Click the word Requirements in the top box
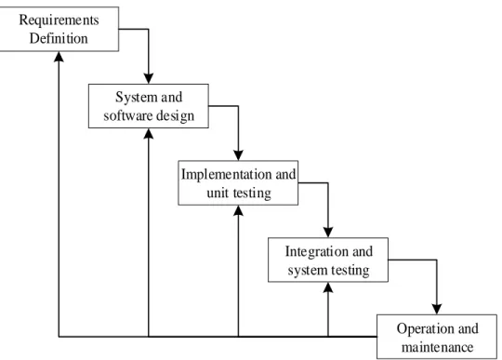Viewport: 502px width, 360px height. point(59,20)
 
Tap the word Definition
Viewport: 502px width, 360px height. point(59,38)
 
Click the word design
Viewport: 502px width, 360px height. point(175,116)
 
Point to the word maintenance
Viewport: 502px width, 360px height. point(437,347)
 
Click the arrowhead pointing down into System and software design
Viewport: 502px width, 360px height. point(149,78)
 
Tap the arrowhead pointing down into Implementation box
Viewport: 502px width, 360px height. point(238,155)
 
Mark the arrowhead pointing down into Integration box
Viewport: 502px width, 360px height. point(328,233)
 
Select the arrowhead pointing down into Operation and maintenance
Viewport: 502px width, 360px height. point(437,309)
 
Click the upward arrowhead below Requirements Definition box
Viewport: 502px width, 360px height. point(59,57)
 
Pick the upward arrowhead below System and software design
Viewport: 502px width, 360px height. point(149,134)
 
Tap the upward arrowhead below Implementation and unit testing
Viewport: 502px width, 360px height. point(238,210)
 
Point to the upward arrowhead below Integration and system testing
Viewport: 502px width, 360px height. point(328,287)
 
